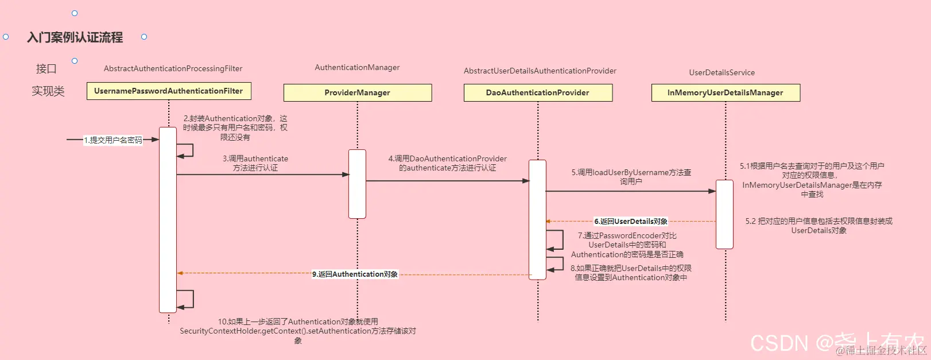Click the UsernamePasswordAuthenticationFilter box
point(169,91)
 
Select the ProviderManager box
point(357,92)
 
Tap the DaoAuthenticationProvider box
point(538,92)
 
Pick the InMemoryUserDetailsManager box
point(725,92)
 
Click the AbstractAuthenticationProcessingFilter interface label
point(173,68)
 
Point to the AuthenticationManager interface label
point(357,67)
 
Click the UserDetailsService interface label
point(721,72)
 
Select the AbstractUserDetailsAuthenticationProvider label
point(540,71)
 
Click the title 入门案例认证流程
point(75,37)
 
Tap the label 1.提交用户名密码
point(113,140)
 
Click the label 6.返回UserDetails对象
point(630,221)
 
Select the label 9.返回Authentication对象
point(355,274)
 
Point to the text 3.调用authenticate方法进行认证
point(255,163)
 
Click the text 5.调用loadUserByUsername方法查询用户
point(631,177)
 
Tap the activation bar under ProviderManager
point(357,184)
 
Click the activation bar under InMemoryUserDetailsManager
point(724,214)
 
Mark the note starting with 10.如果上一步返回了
point(297,331)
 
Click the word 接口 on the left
point(46,69)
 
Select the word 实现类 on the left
point(48,91)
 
